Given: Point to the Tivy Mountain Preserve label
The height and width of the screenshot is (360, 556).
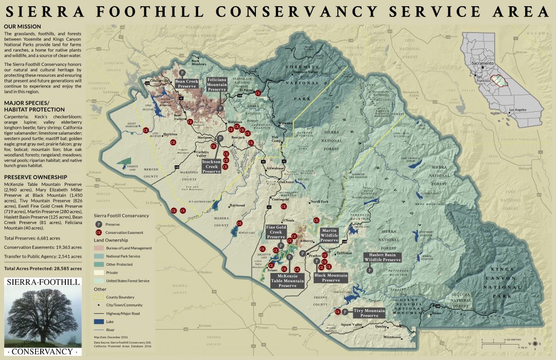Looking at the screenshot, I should tap(369, 313).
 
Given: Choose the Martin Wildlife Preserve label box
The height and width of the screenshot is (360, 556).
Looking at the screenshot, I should tap(329, 235).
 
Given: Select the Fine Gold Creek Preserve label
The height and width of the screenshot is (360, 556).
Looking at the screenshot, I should tap(276, 232).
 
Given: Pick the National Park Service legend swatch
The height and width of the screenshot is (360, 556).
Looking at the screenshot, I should tap(98, 256).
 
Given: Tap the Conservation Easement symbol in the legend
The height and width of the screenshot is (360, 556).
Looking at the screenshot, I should tap(98, 232).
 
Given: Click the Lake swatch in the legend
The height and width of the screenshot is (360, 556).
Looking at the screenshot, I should tap(98, 321).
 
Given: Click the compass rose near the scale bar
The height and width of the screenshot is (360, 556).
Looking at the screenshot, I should tap(537, 343).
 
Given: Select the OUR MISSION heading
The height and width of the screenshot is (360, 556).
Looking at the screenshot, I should tap(20, 27).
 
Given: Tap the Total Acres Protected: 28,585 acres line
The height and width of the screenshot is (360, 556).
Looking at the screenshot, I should tap(43, 269).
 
